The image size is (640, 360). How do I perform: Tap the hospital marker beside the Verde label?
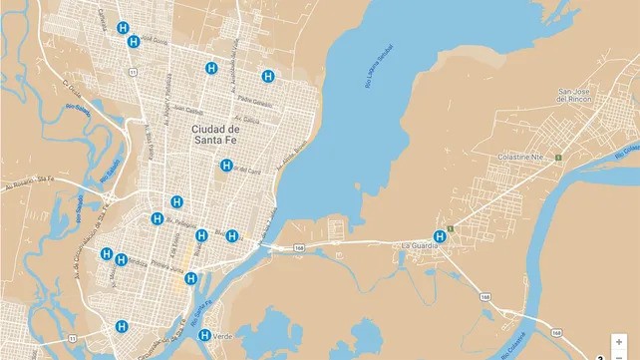point(205,335)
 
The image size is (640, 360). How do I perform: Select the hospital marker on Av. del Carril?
point(226,166)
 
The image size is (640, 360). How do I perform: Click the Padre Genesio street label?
point(256,102)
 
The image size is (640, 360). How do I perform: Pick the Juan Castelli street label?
point(187,111)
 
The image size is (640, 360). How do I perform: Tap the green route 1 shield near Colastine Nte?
point(559,156)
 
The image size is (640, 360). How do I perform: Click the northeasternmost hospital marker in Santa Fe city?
point(268,76)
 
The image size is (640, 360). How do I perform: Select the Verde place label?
point(224,337)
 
